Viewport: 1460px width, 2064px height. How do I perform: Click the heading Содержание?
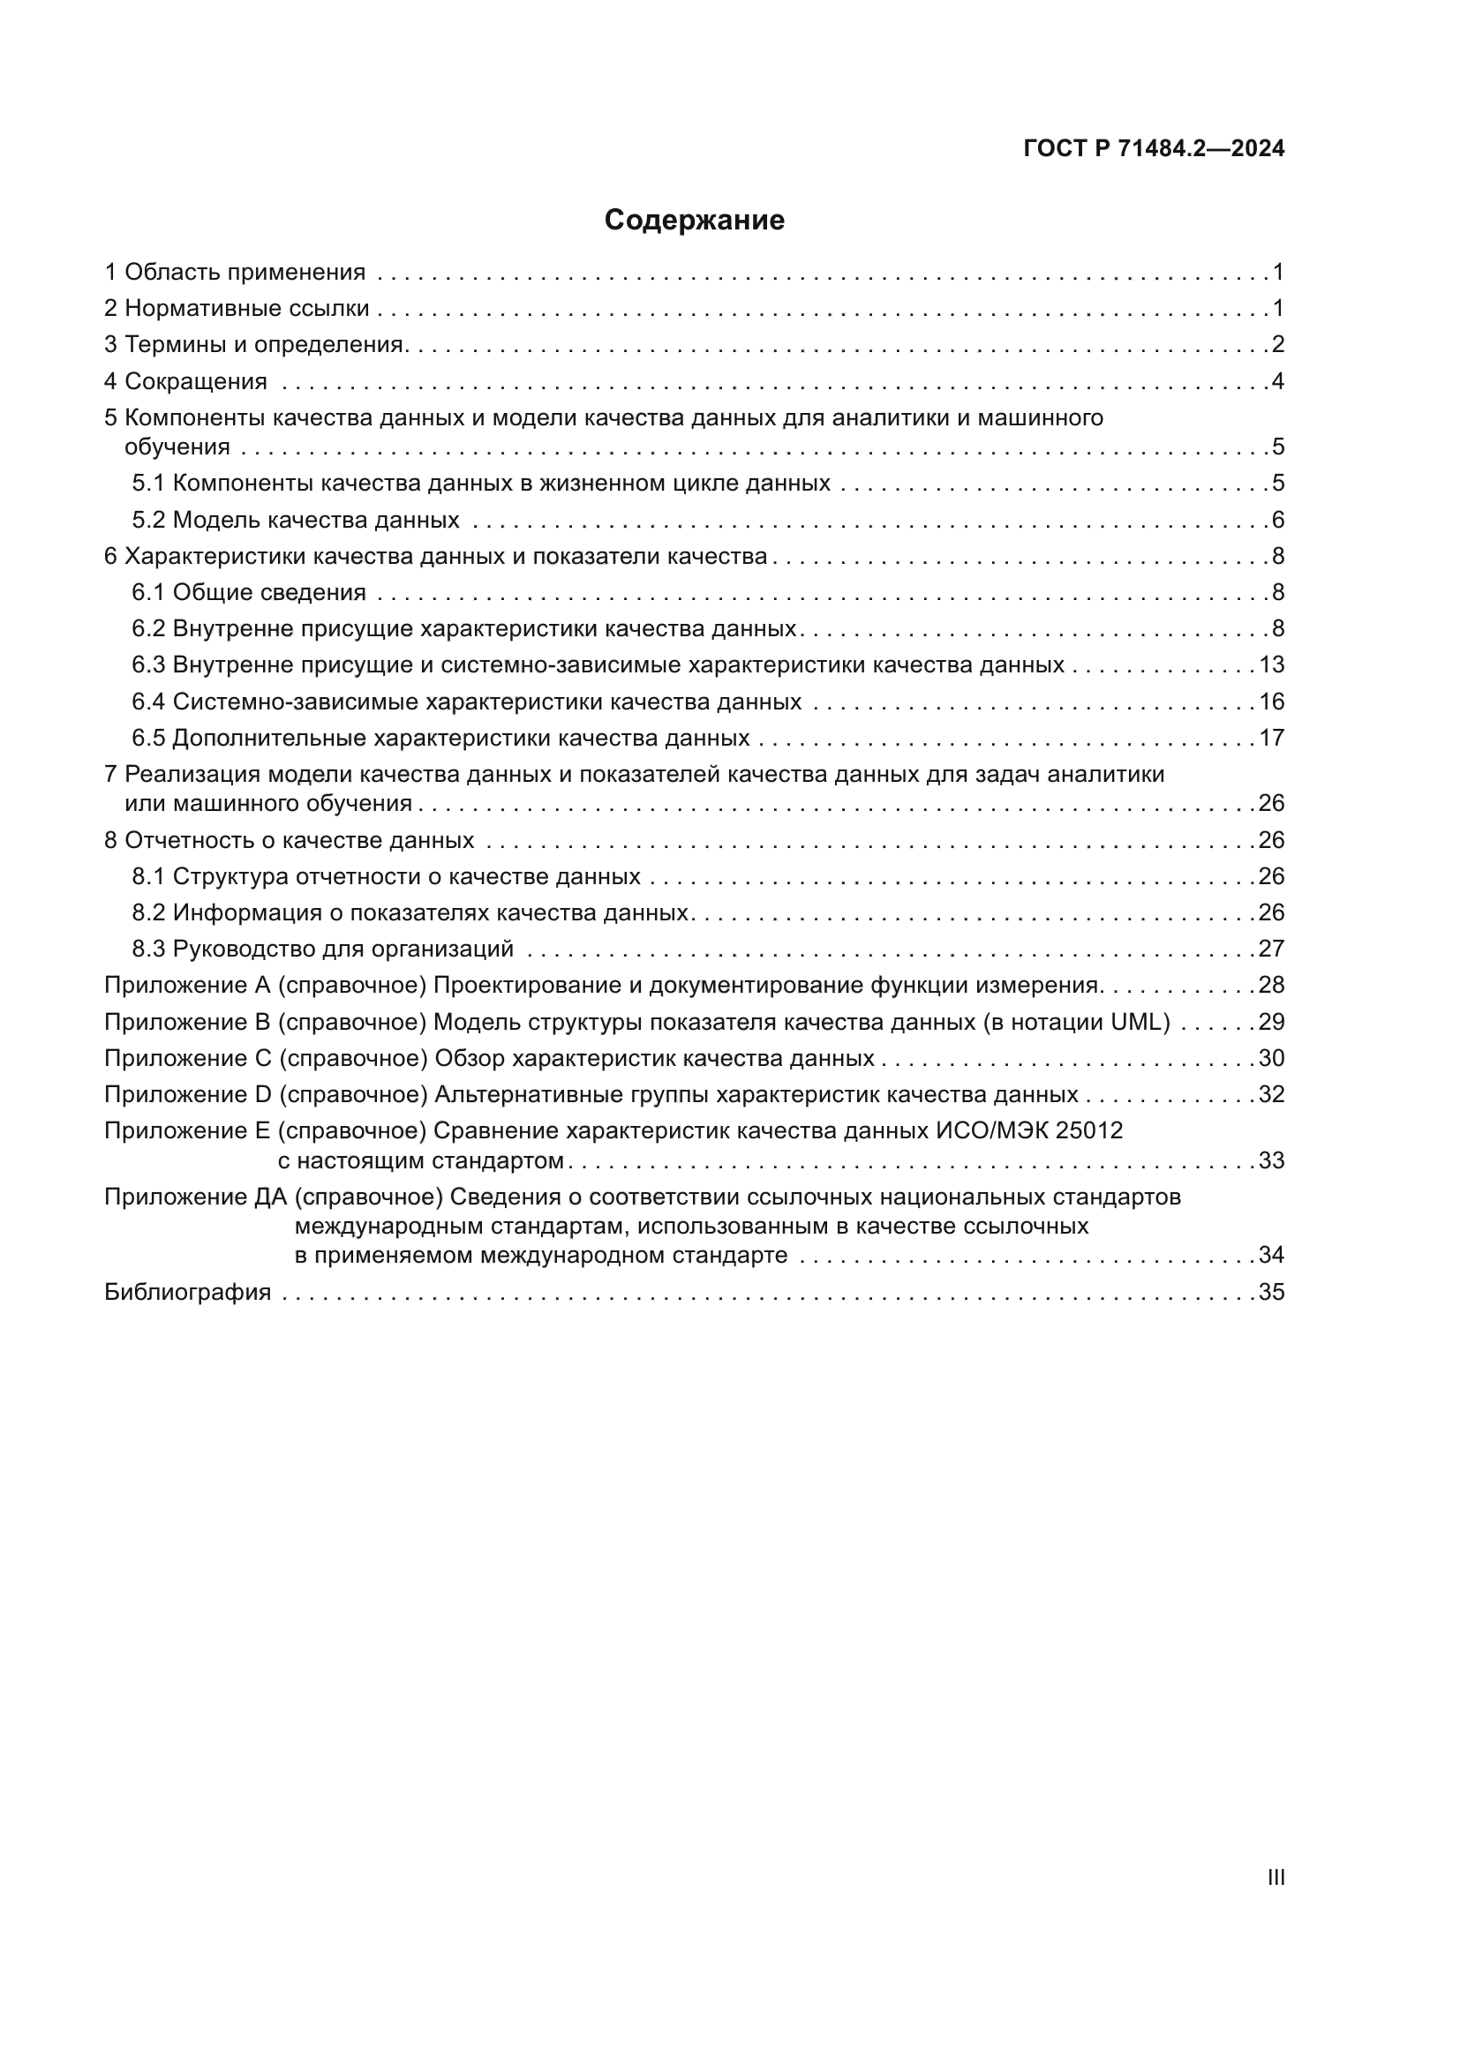[x=694, y=221]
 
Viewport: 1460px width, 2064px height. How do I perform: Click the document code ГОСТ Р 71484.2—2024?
[x=1154, y=149]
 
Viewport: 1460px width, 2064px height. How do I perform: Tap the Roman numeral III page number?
[x=1275, y=1877]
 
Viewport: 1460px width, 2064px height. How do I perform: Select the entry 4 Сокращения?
[x=186, y=381]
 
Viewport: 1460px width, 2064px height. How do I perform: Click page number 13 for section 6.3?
[x=1271, y=665]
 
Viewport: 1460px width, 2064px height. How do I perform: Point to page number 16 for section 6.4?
[x=1271, y=702]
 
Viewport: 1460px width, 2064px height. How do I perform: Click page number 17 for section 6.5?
[x=1271, y=738]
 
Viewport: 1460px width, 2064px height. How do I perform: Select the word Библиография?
[x=188, y=1293]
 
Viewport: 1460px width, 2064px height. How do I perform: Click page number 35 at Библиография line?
[x=1271, y=1293]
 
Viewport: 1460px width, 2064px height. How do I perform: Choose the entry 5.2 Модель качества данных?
[x=296, y=521]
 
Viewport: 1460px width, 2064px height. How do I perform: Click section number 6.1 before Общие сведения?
[x=148, y=592]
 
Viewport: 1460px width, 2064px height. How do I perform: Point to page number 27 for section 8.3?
[x=1271, y=949]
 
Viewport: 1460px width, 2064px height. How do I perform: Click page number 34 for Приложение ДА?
[x=1271, y=1255]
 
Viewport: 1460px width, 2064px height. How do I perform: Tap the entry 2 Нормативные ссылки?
[x=237, y=308]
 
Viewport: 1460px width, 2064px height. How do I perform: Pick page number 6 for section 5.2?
[x=1277, y=521]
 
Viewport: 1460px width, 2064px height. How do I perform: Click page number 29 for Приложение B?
[x=1271, y=1022]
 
